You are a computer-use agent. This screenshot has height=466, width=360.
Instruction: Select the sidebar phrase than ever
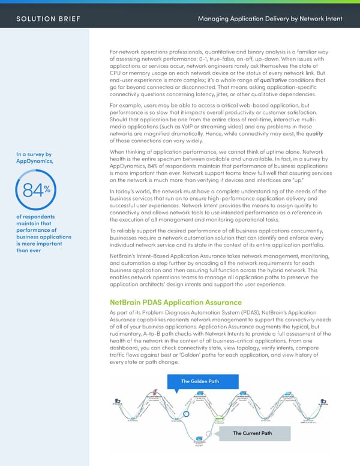27,251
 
